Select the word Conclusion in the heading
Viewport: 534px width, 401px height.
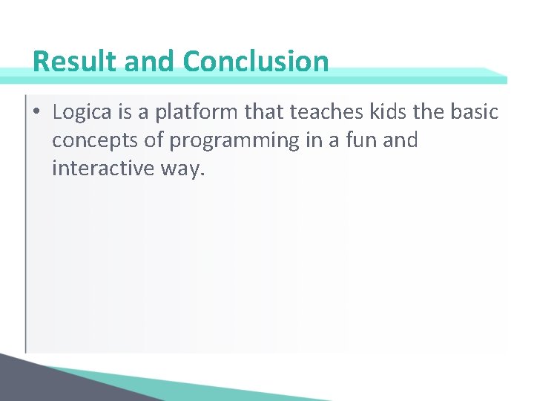pos(256,61)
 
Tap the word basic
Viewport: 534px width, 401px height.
pos(475,112)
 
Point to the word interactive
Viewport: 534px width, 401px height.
pos(102,169)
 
